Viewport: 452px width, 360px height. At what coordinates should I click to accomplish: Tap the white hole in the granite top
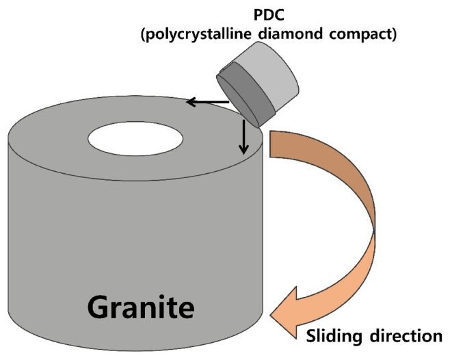(135, 139)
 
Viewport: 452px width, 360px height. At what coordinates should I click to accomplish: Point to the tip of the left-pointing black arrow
(188, 103)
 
